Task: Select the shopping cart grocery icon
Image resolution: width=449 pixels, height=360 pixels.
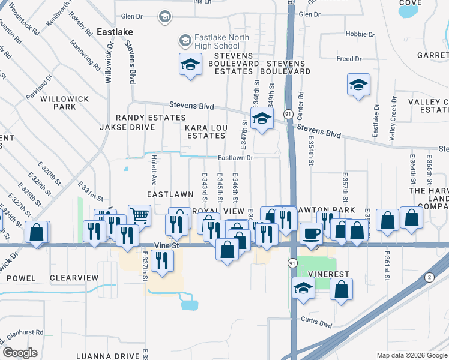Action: pos(139,214)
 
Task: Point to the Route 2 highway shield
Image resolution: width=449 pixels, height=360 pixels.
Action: pos(428,277)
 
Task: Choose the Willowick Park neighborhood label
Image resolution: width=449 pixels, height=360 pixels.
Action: pos(65,103)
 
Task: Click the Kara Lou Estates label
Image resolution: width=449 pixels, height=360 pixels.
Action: pos(205,131)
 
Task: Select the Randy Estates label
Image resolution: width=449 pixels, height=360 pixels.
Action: pos(143,118)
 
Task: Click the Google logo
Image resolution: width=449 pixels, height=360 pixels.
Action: pos(20,353)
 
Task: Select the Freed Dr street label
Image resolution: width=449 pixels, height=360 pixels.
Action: pos(349,59)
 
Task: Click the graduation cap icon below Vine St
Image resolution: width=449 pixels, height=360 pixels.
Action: pos(303,288)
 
